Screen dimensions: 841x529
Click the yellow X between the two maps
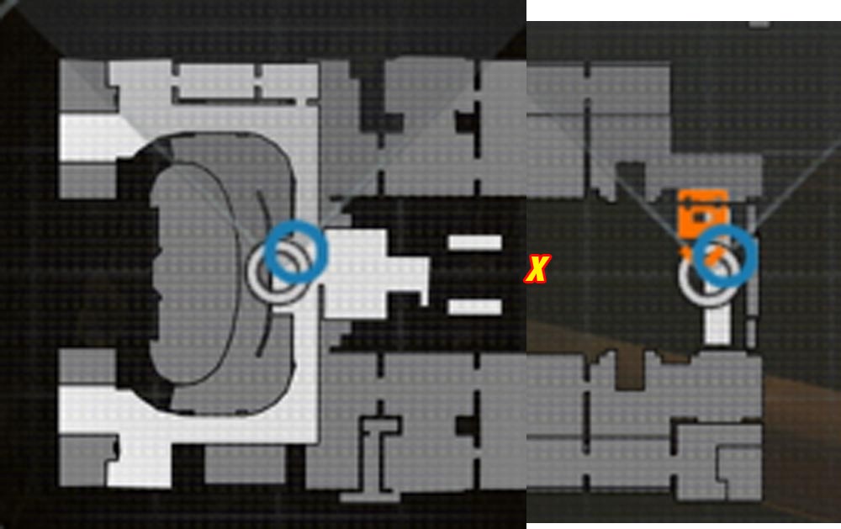point(537,269)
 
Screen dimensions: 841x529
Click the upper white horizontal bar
point(474,242)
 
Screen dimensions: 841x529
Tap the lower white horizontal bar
point(474,307)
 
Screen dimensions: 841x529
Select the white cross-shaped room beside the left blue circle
point(370,273)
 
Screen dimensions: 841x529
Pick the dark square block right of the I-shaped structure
point(466,426)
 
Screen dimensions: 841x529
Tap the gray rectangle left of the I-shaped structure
point(245,464)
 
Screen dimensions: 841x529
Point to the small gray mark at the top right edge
point(759,24)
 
